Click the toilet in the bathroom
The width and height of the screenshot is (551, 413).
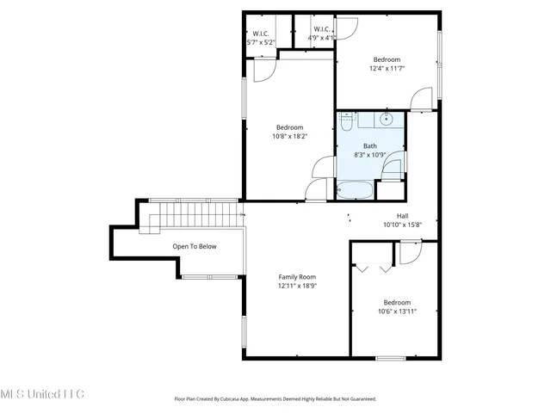pos(345,123)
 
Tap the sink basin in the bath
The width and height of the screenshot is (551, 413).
pos(387,120)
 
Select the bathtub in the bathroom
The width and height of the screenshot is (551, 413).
pos(355,188)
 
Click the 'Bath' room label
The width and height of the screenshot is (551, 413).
pos(369,146)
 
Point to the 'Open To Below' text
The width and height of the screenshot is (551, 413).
pos(195,246)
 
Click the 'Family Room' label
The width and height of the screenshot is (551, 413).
pos(297,277)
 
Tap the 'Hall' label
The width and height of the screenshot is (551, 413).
pos(402,216)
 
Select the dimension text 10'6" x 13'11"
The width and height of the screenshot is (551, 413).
pos(397,311)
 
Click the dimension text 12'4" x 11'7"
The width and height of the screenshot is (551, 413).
pos(387,69)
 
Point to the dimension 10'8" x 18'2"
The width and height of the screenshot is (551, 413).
pos(289,136)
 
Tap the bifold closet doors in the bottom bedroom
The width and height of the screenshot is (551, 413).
pos(374,268)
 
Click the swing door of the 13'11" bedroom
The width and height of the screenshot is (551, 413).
pos(408,252)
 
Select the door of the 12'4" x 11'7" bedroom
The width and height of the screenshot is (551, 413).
pos(421,100)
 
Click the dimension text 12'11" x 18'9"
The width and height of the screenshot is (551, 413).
pos(297,286)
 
